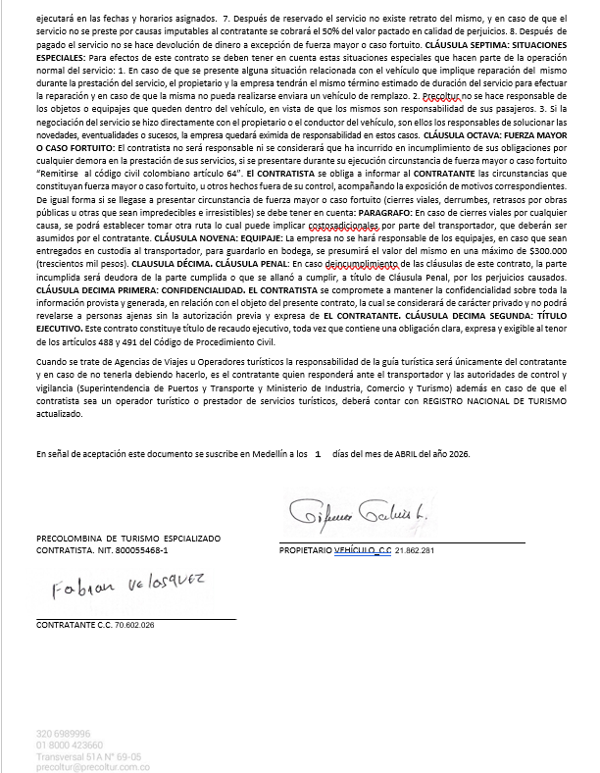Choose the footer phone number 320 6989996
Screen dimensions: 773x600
[x=64, y=732]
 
